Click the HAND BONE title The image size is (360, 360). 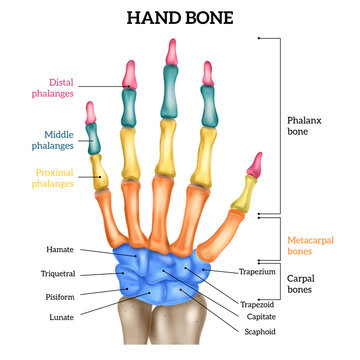pyautogui.click(x=180, y=17)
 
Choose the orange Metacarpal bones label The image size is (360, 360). pyautogui.click(x=309, y=246)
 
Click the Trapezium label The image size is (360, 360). pyautogui.click(x=257, y=271)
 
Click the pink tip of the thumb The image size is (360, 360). pyautogui.click(x=255, y=163)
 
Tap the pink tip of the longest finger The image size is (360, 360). pyautogui.click(x=171, y=55)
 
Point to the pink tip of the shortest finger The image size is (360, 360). pyautogui.click(x=90, y=112)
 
